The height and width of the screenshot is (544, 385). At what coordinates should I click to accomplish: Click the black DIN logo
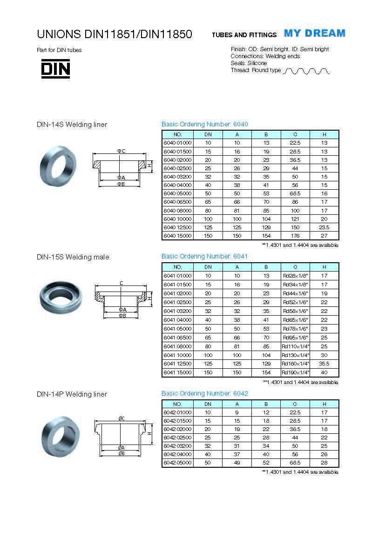[x=55, y=69]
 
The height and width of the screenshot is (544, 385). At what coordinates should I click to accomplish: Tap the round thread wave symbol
[x=306, y=71]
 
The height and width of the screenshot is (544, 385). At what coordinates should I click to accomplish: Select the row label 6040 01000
[x=177, y=143]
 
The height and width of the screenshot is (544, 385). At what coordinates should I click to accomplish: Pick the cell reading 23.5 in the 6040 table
[x=324, y=227]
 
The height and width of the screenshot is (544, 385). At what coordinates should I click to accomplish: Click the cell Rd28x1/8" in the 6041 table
[x=295, y=276]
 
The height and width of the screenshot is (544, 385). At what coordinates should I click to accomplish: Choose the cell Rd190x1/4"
[x=295, y=372]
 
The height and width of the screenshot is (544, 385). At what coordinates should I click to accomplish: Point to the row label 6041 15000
[x=177, y=372]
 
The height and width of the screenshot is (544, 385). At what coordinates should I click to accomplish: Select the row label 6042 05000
[x=177, y=463]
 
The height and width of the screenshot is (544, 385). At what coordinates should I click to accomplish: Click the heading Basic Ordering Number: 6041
[x=204, y=256]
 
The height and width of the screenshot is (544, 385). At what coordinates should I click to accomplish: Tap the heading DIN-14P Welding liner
[x=72, y=394]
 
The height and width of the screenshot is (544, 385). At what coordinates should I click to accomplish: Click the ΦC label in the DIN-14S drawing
[x=121, y=151]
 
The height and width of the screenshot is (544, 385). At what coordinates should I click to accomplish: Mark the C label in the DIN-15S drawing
[x=122, y=283]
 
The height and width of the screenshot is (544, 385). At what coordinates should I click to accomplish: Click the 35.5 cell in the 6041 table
[x=324, y=364]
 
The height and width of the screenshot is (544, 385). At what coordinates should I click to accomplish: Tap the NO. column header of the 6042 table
[x=177, y=404]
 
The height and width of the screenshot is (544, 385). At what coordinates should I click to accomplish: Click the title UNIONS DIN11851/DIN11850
[x=115, y=34]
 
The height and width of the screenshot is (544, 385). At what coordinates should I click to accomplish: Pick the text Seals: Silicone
[x=249, y=63]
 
